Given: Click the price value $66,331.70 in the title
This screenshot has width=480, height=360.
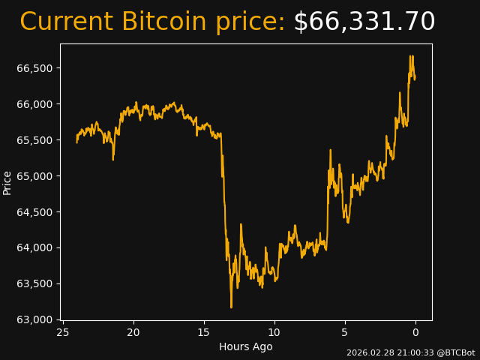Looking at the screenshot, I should pos(364,22).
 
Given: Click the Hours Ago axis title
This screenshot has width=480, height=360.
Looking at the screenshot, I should pos(246,346).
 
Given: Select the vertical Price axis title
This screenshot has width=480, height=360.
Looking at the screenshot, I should pos(7,182).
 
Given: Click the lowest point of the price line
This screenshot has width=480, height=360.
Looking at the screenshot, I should pos(231,307).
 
